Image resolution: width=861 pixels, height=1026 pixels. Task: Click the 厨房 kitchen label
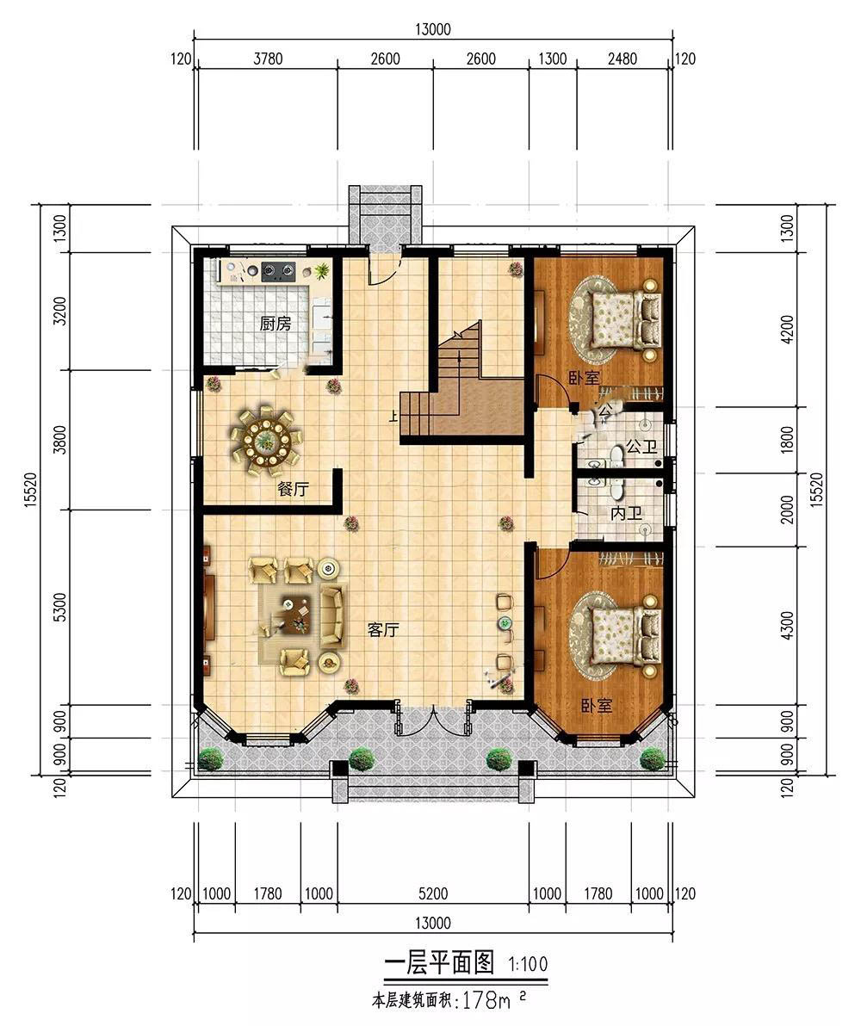[275, 324]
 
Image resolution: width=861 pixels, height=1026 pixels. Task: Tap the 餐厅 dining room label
[294, 489]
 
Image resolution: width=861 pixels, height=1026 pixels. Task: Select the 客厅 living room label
[383, 630]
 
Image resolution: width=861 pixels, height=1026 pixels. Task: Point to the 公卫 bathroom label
[641, 448]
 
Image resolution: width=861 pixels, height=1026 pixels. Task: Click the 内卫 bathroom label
[626, 514]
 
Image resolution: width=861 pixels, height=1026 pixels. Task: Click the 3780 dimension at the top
[268, 59]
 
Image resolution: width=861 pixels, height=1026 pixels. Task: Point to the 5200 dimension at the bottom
[433, 893]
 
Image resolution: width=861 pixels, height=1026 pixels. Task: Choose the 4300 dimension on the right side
[788, 627]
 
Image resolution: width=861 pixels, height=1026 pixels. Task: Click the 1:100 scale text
[528, 964]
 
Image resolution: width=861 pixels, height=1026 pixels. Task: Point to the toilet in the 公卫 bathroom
[616, 454]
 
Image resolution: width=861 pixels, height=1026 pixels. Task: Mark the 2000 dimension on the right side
[788, 510]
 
